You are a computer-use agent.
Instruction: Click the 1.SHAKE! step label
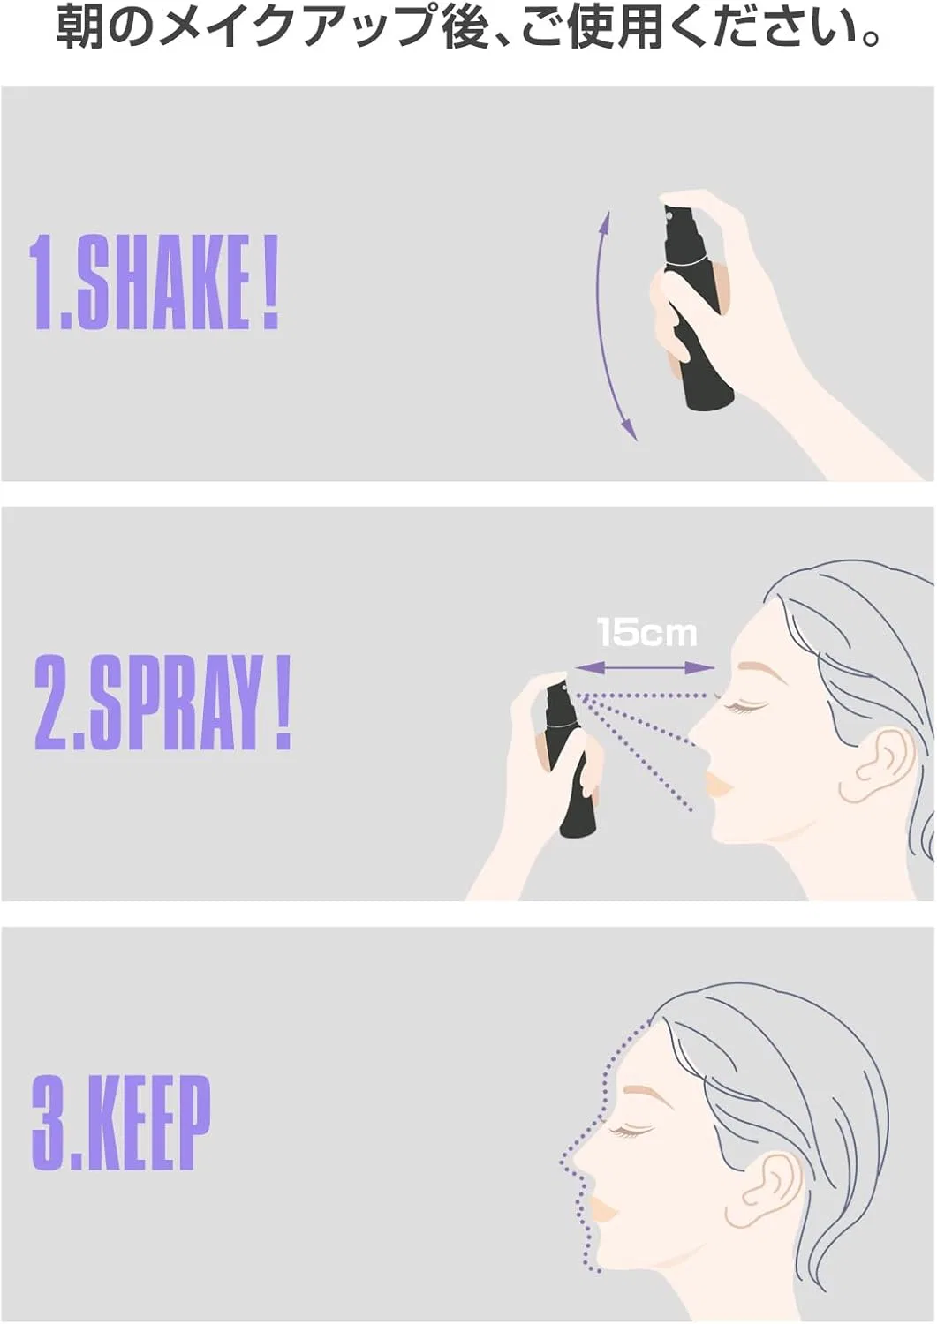[x=155, y=283]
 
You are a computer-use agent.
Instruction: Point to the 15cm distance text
[x=646, y=633]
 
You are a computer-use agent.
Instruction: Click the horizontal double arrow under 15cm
[x=645, y=669]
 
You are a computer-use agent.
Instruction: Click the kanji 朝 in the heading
[x=77, y=29]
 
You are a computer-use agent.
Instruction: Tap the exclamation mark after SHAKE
[x=269, y=283]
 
